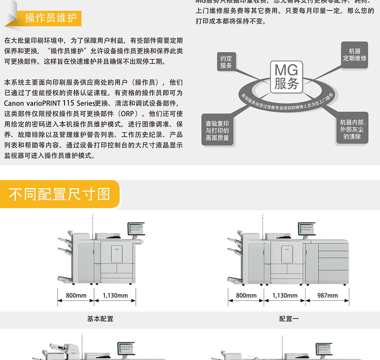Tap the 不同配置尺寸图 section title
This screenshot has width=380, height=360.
pyautogui.click(x=59, y=194)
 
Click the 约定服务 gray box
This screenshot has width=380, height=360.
pyautogui.click(x=226, y=62)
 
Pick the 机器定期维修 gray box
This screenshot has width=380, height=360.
pyautogui.click(x=355, y=55)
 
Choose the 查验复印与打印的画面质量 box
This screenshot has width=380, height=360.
pyautogui.click(x=217, y=130)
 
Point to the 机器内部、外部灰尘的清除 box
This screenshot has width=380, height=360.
pyautogui.click(x=352, y=129)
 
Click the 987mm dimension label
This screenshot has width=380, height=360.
pyautogui.click(x=327, y=296)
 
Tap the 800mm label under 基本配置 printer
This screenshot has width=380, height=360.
pyautogui.click(x=76, y=296)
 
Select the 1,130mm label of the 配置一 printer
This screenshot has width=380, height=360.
pyautogui.click(x=285, y=296)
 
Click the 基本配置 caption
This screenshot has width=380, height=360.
pyautogui.click(x=100, y=319)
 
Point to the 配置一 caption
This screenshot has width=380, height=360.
pyautogui.click(x=289, y=319)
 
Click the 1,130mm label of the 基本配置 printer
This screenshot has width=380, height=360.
pyautogui.click(x=115, y=296)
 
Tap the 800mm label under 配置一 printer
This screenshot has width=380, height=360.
pyautogui.click(x=246, y=296)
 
